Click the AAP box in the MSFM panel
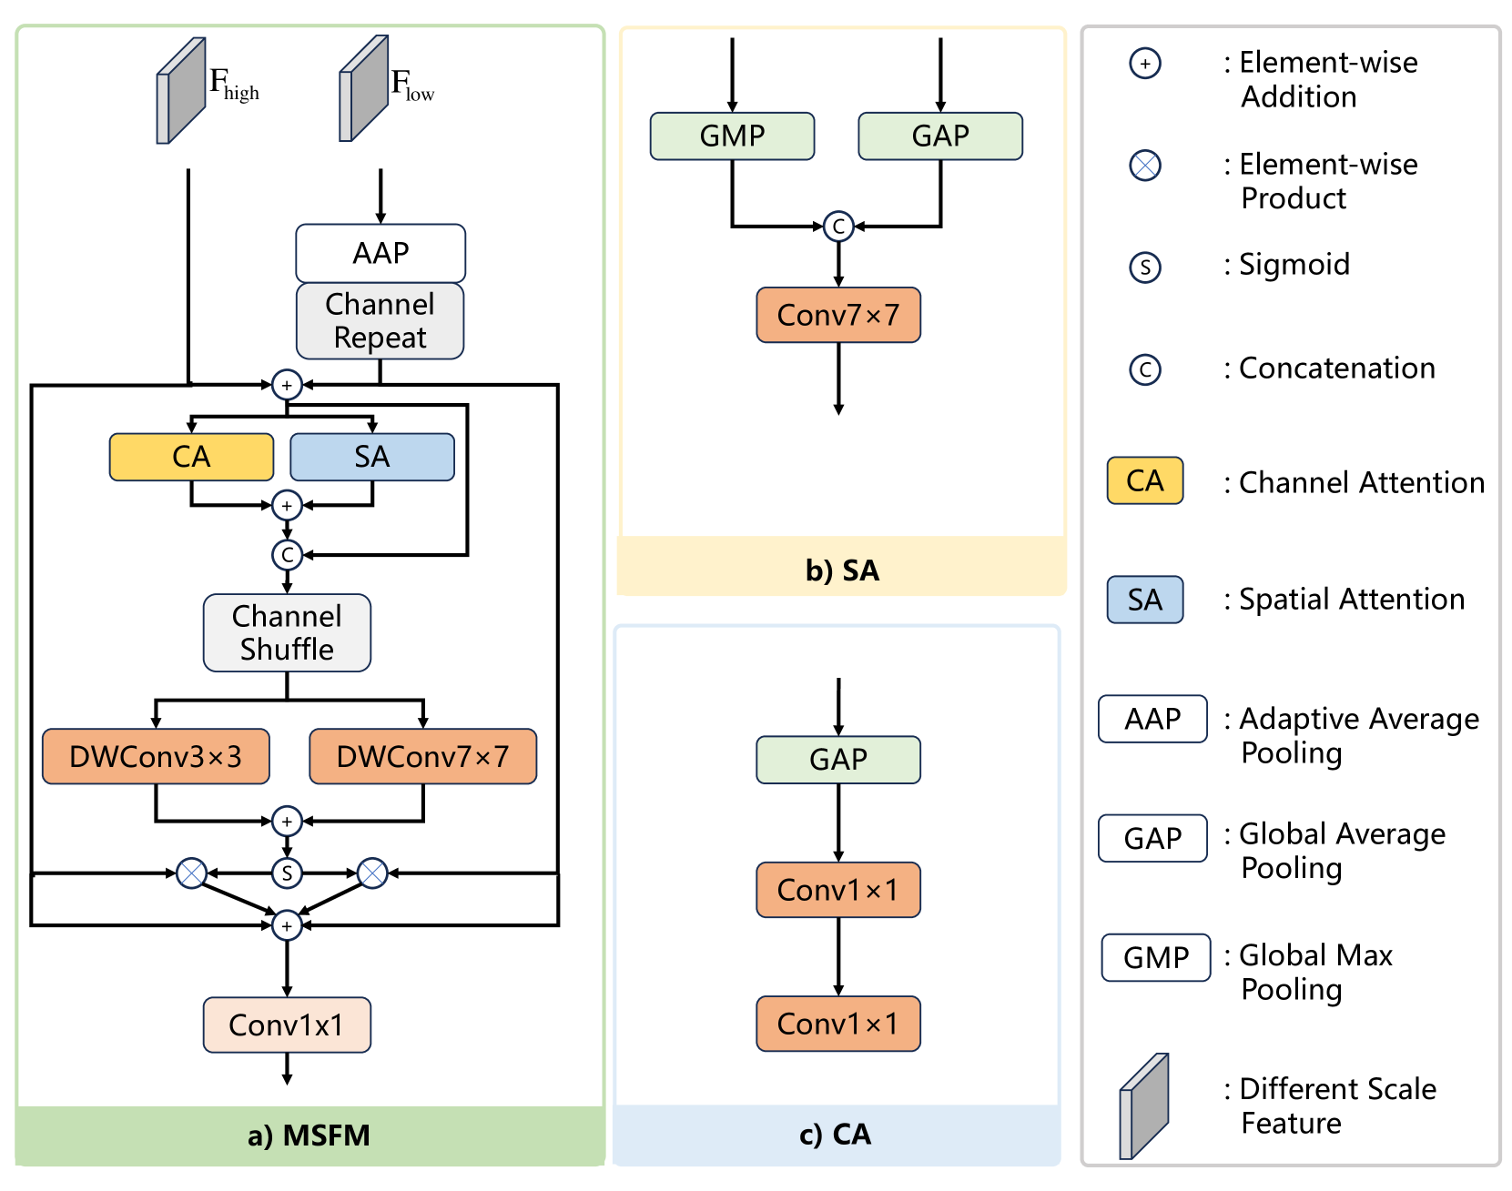click(381, 253)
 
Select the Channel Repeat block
click(381, 320)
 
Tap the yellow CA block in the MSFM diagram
click(191, 457)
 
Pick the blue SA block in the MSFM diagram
click(371, 457)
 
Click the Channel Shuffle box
click(287, 633)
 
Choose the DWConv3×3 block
click(156, 756)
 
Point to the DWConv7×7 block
click(422, 756)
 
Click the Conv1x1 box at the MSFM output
click(287, 1025)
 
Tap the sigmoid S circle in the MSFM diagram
click(287, 873)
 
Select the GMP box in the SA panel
click(732, 136)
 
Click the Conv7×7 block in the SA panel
click(838, 316)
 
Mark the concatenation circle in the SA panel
click(838, 227)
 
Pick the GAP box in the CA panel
click(838, 760)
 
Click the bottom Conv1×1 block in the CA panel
click(838, 1024)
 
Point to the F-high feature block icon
click(181, 91)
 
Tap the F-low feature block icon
click(364, 89)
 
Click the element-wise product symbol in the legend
click(1145, 166)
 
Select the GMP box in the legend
click(1156, 958)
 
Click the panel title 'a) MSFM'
click(309, 1135)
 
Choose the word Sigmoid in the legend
click(1294, 265)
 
